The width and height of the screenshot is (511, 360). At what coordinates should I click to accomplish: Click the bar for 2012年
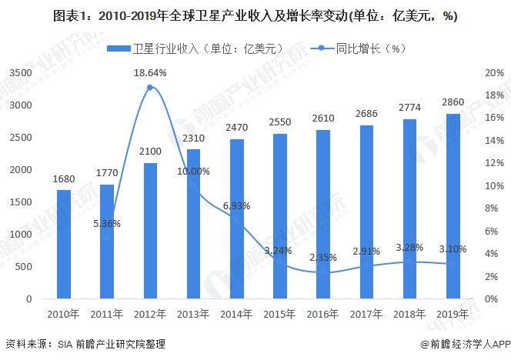(x=150, y=231)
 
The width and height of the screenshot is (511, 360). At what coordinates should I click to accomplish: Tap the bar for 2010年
(x=64, y=244)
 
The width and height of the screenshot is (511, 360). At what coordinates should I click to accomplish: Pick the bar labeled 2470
(x=237, y=218)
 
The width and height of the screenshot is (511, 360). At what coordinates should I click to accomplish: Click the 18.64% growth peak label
(x=150, y=72)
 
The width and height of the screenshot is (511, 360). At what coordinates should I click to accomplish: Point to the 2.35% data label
(x=323, y=258)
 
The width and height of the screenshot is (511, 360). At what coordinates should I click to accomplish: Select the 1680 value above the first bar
(x=64, y=178)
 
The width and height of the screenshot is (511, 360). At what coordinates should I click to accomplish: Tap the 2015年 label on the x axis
(x=280, y=314)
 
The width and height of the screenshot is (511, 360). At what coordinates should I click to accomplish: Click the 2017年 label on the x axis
(x=366, y=314)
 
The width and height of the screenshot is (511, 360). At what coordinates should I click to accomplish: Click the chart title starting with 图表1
(x=255, y=16)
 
